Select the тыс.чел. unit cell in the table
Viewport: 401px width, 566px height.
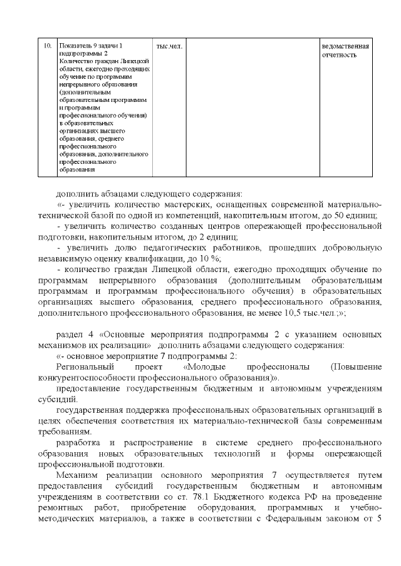168,47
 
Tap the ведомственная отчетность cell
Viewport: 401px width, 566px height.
345,51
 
